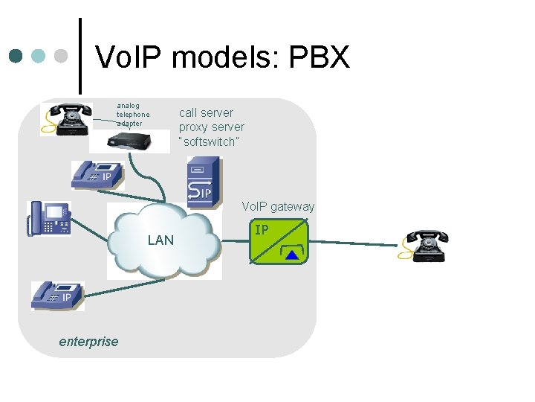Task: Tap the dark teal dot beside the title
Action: point(17,56)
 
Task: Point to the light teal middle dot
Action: point(40,56)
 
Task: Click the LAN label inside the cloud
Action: point(160,240)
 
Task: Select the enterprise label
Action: point(88,342)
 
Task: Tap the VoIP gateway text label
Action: point(278,206)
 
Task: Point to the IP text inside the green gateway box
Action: point(262,230)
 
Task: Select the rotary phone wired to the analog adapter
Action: point(66,119)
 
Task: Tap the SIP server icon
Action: point(203,181)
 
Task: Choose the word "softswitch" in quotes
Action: point(209,141)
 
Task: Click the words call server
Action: point(206,112)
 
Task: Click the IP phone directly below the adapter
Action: point(97,175)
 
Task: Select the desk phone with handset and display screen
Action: point(49,218)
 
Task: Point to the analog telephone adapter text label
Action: point(133,114)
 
